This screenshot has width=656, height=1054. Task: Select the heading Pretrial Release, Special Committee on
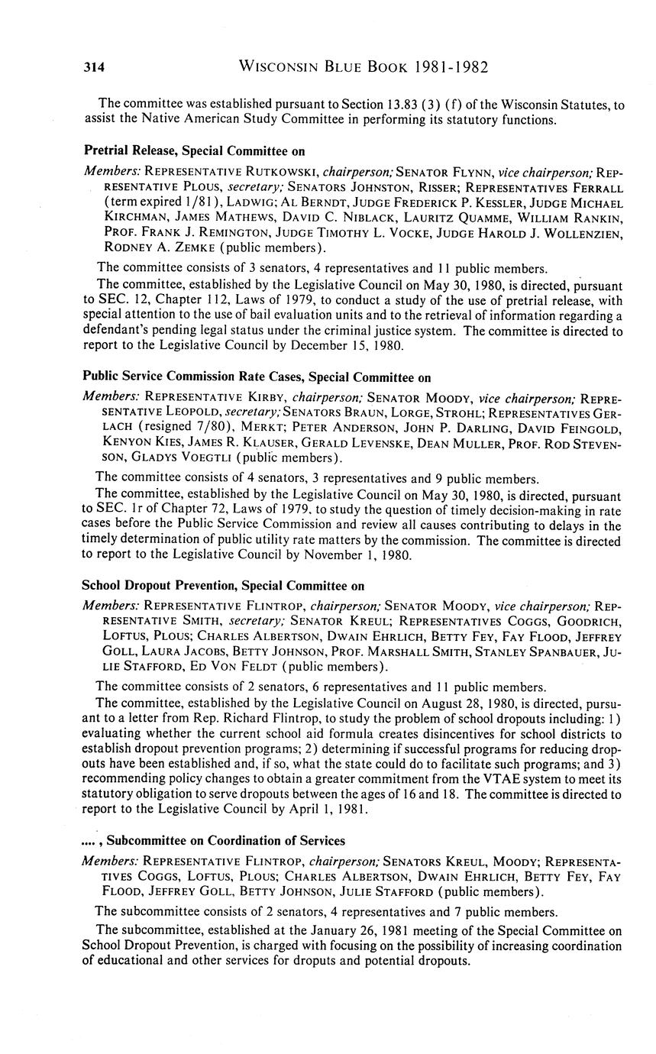click(194, 150)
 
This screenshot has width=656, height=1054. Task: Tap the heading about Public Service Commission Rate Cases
click(257, 377)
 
